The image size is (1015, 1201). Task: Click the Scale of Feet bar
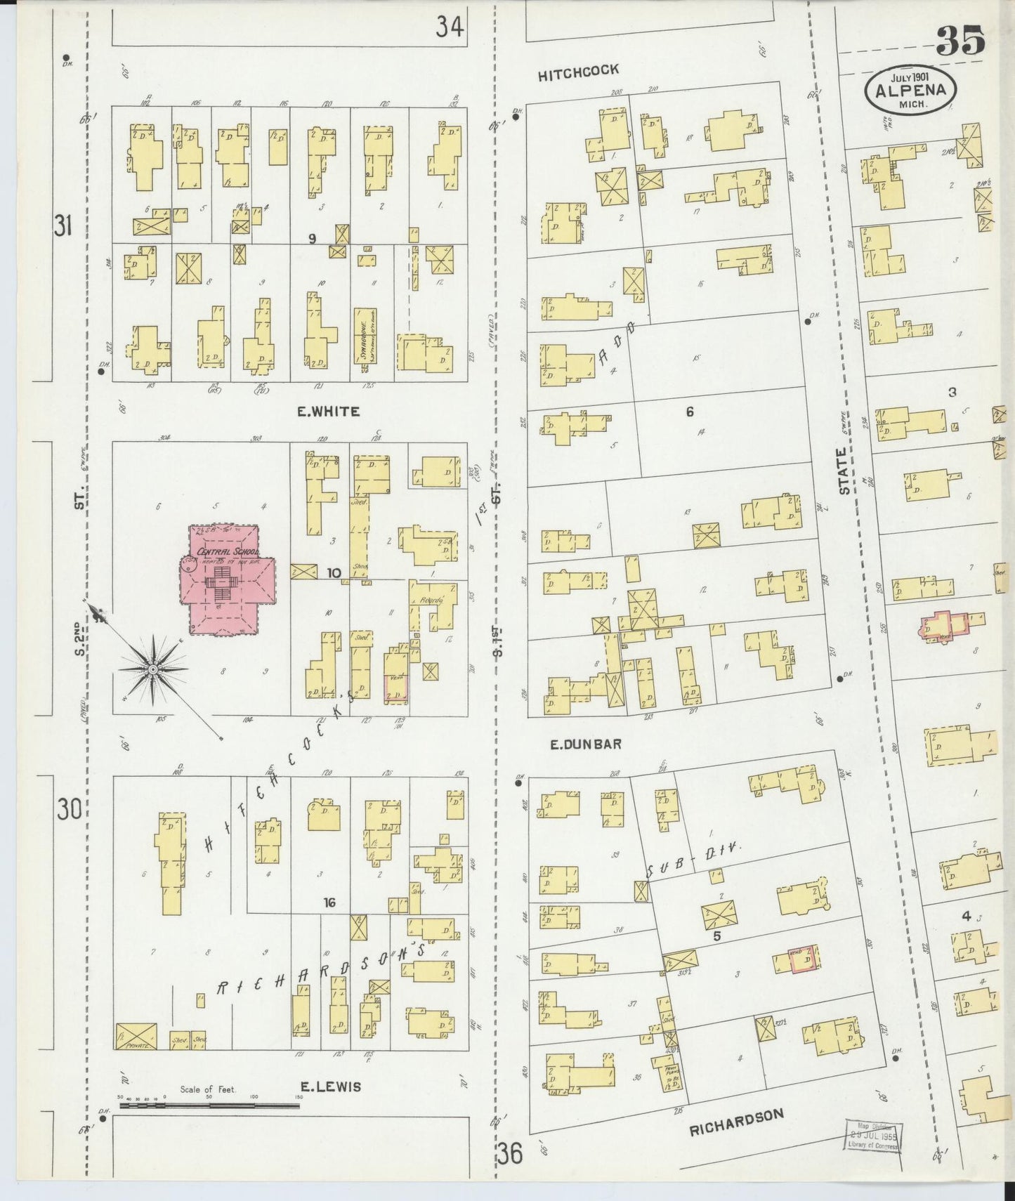(209, 1105)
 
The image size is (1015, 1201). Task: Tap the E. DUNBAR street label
(587, 744)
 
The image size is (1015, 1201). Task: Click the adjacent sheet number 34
(449, 27)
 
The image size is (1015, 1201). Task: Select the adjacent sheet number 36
(511, 1155)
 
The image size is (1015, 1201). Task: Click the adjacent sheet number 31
(63, 225)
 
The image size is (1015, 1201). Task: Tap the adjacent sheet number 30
(69, 810)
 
